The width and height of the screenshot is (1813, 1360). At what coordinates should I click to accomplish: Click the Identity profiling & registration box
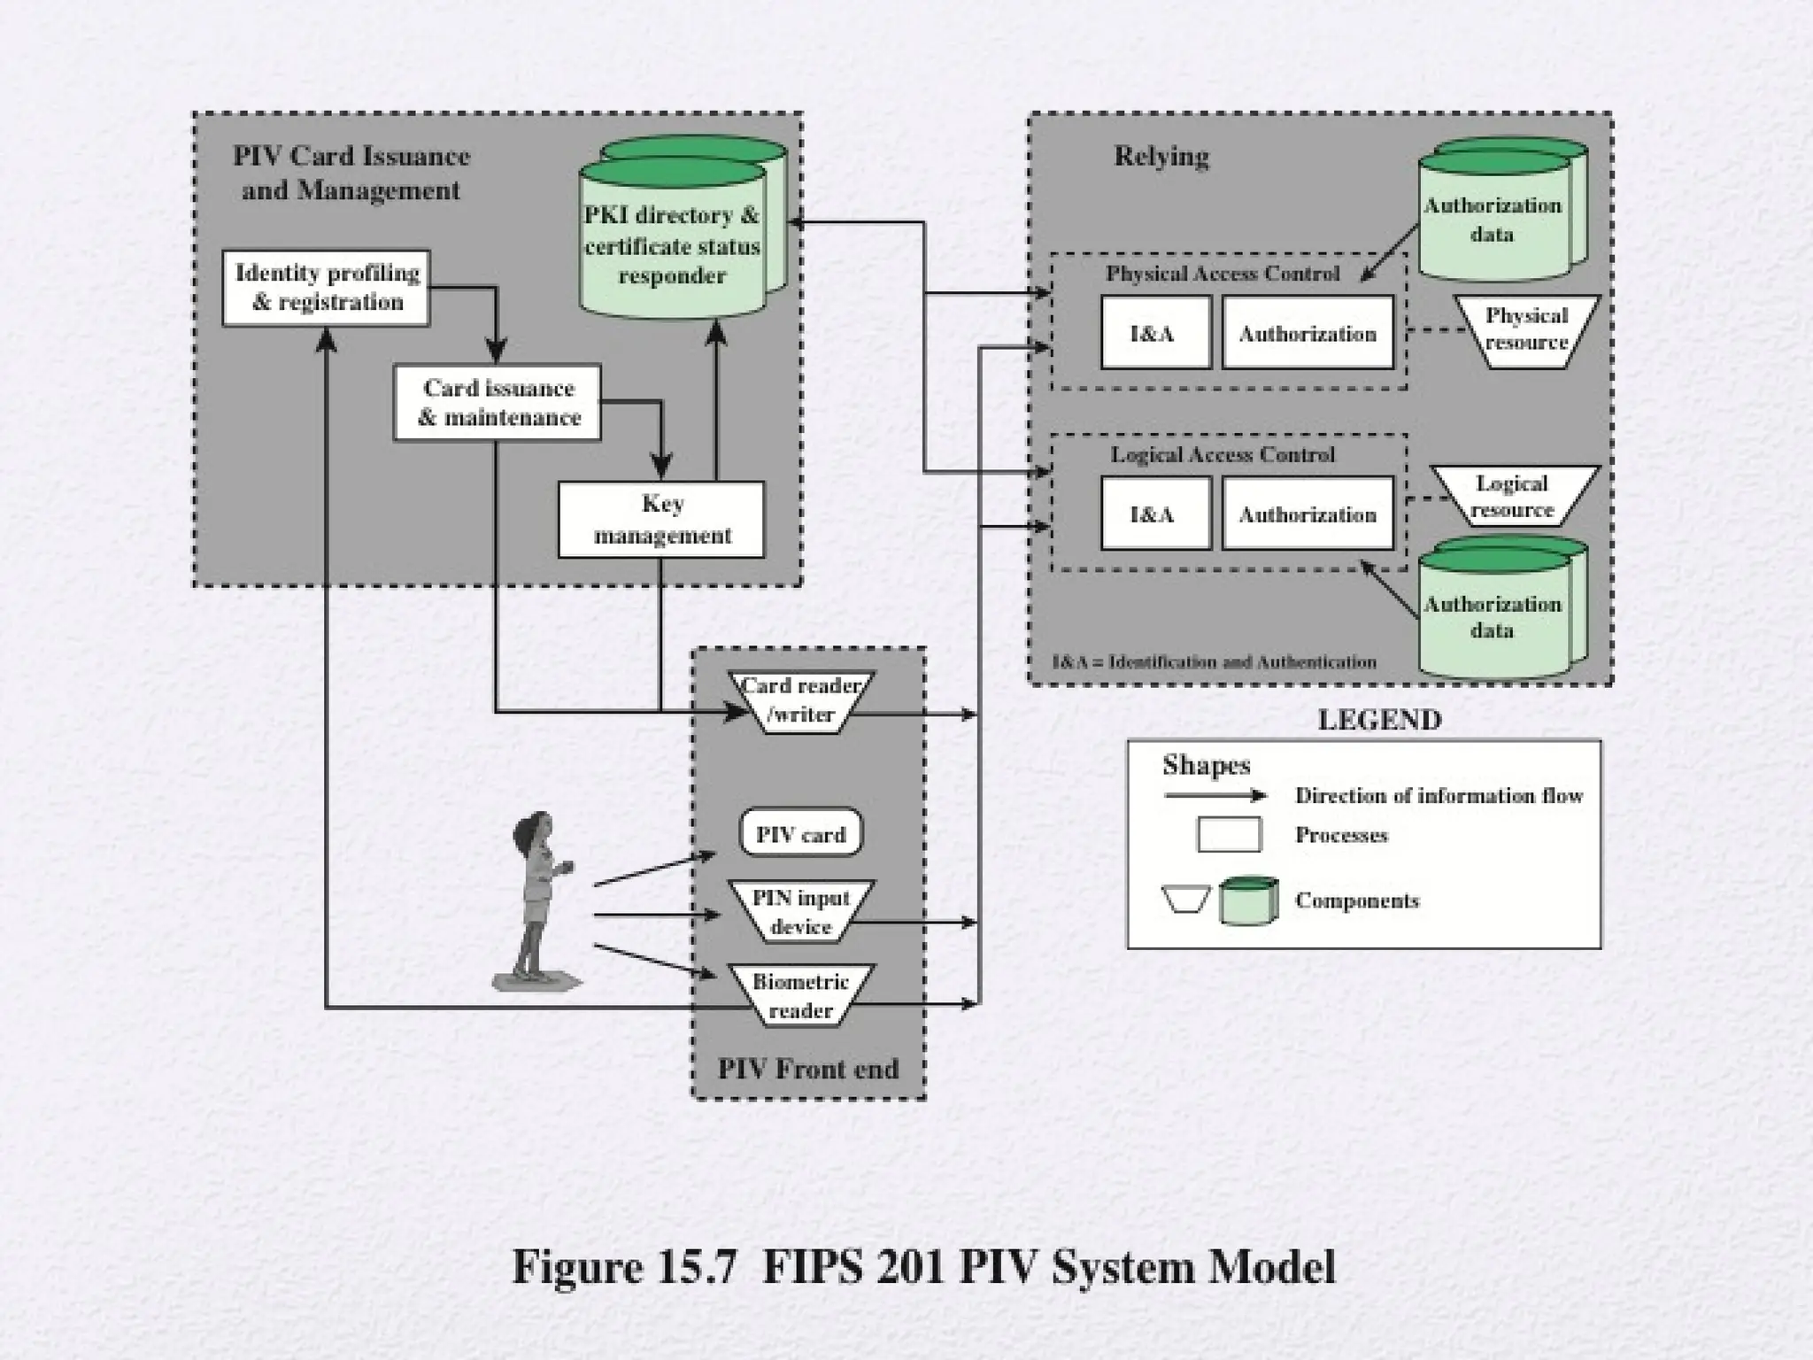click(326, 288)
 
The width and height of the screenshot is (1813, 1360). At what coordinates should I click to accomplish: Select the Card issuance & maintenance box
click(498, 403)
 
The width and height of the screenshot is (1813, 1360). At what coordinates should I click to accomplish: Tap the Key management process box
click(661, 519)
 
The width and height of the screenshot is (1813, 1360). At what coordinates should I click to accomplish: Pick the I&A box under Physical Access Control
click(1155, 333)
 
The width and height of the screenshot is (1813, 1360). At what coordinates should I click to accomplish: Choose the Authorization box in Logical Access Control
click(1308, 514)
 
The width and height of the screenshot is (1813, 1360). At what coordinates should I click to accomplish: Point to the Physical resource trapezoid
click(1526, 330)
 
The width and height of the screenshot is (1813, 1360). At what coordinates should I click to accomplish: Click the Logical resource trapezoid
click(1513, 497)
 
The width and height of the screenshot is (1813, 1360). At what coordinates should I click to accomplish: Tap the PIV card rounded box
click(800, 834)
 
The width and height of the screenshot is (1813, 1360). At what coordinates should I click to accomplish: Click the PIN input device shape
click(800, 912)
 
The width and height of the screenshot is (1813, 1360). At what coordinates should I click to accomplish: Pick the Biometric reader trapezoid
click(800, 995)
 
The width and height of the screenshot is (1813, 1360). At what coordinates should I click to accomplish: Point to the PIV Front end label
click(807, 1069)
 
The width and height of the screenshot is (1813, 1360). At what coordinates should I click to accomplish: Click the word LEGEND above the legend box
click(1379, 720)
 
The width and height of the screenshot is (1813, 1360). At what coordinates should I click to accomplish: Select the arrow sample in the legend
click(1215, 795)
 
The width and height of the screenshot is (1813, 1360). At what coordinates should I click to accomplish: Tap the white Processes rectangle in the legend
click(1229, 835)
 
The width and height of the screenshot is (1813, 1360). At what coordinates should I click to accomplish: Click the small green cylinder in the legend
click(1248, 900)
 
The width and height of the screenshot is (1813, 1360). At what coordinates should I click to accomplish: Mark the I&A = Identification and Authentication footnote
click(1214, 661)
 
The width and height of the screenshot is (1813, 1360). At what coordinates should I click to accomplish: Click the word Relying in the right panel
click(1161, 157)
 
